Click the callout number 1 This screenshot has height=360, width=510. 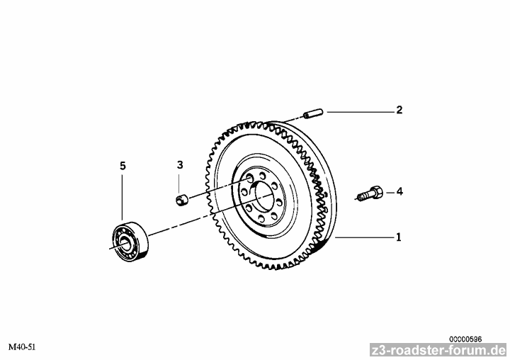(x=399, y=237)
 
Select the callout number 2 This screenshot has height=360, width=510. (x=399, y=110)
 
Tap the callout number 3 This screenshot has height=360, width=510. (x=180, y=165)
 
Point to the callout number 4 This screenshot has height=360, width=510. (x=399, y=192)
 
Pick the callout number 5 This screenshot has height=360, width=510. (x=123, y=166)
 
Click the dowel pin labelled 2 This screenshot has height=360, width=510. (x=312, y=114)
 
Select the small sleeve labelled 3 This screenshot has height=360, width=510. (x=183, y=200)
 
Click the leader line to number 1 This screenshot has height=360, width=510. (x=364, y=237)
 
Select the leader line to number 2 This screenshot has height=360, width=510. (x=361, y=112)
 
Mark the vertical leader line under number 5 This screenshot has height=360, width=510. (x=123, y=197)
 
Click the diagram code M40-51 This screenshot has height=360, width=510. (x=22, y=347)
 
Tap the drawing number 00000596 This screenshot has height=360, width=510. (x=465, y=339)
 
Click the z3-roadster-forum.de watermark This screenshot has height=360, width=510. (x=438, y=350)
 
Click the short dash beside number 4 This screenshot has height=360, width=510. (x=390, y=193)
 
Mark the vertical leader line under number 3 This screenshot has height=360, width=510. (x=179, y=184)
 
